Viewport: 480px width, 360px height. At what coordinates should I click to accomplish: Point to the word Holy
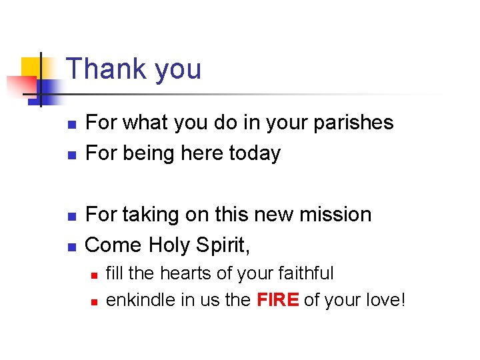pos(169,245)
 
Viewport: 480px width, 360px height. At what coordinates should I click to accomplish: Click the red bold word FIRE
pos(277,301)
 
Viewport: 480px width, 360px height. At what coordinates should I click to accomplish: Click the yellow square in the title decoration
pos(31,67)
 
